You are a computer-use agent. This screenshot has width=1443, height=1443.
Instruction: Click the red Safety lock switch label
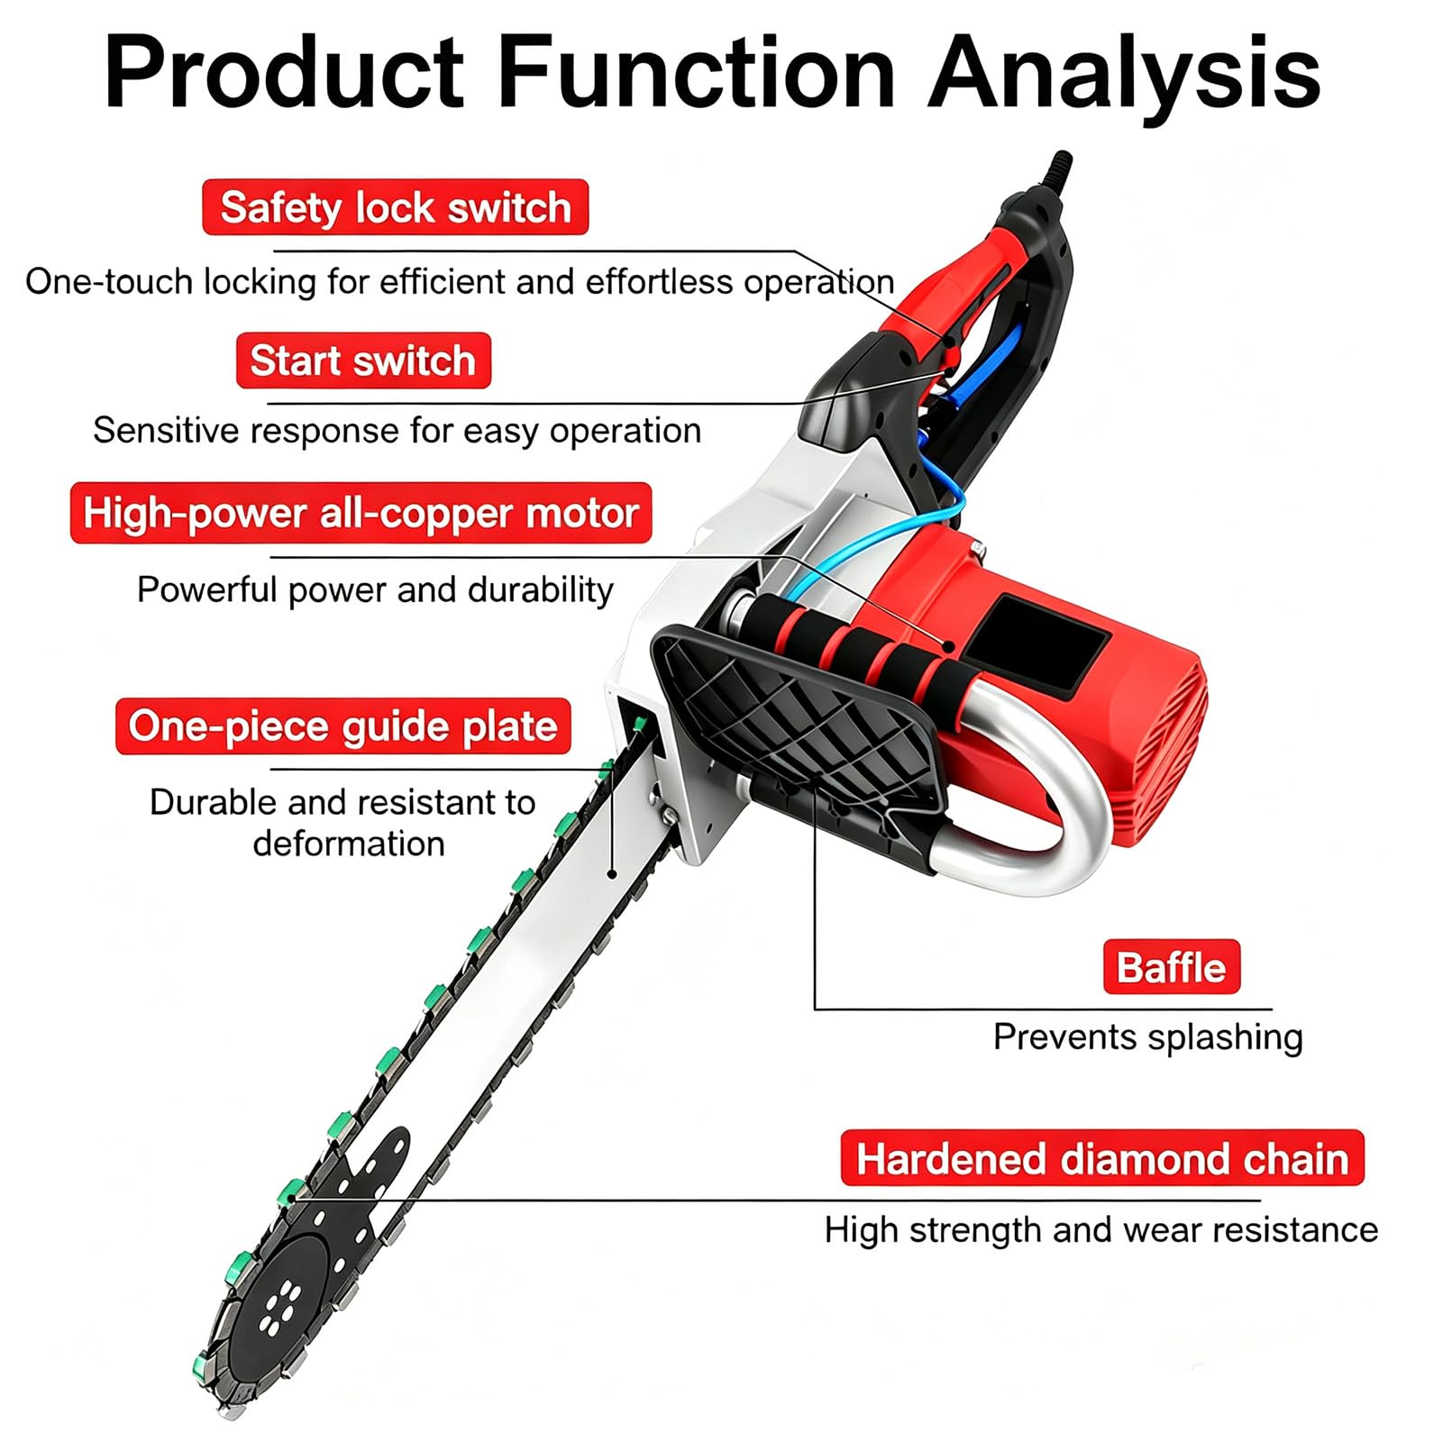395,207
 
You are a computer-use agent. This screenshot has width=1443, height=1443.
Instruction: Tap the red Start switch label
363,361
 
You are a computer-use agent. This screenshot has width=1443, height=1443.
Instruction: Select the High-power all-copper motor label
361,513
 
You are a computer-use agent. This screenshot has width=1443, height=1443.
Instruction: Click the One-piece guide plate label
342,726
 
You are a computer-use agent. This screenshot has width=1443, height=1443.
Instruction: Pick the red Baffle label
1172,967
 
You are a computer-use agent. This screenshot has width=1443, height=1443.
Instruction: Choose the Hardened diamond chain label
1102,1158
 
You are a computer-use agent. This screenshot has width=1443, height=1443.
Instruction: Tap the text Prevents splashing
1148,1037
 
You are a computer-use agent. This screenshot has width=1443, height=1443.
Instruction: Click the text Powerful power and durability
375,590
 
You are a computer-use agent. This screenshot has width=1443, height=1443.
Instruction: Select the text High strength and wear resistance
1101,1230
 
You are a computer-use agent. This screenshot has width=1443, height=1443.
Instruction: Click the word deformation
349,844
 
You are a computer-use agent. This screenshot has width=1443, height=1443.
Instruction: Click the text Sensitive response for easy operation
397,431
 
